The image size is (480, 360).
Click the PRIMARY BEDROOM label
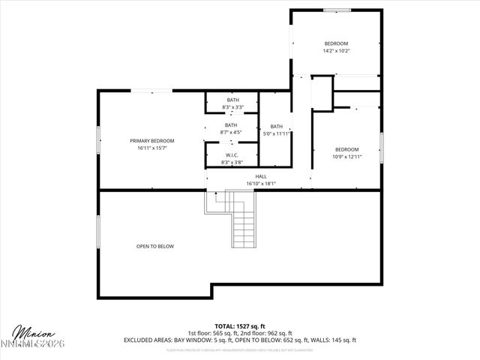coord(151,141)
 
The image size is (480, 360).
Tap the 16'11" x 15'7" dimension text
coord(151,148)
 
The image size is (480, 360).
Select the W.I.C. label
coord(232,155)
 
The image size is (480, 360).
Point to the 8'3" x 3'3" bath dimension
coord(232,107)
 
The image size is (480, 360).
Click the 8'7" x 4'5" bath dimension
coord(232,133)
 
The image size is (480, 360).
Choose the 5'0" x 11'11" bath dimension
coord(277,133)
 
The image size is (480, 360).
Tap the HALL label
coord(261,176)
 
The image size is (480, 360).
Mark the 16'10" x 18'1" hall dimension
coord(261,183)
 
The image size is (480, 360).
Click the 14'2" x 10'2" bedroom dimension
coord(337,51)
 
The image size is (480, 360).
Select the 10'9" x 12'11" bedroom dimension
coord(346,157)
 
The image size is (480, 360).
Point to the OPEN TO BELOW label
coord(155,246)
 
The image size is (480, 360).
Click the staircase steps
coord(244,225)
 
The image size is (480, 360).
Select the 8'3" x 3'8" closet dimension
coord(232,162)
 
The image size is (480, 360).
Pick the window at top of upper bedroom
coord(337,10)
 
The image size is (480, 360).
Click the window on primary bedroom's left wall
coord(97,141)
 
